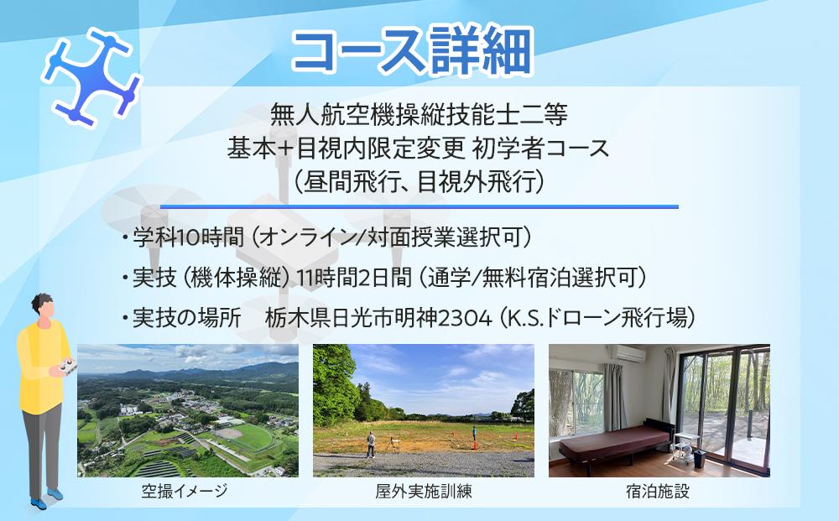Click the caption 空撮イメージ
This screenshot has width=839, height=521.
[x=185, y=492]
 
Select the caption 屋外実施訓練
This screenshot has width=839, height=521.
[x=424, y=492]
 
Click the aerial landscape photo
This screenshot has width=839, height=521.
[x=187, y=410]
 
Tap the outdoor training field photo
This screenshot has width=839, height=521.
[x=423, y=410]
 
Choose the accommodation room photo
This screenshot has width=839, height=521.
[x=659, y=410]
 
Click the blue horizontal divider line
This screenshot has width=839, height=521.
[x=419, y=206]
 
